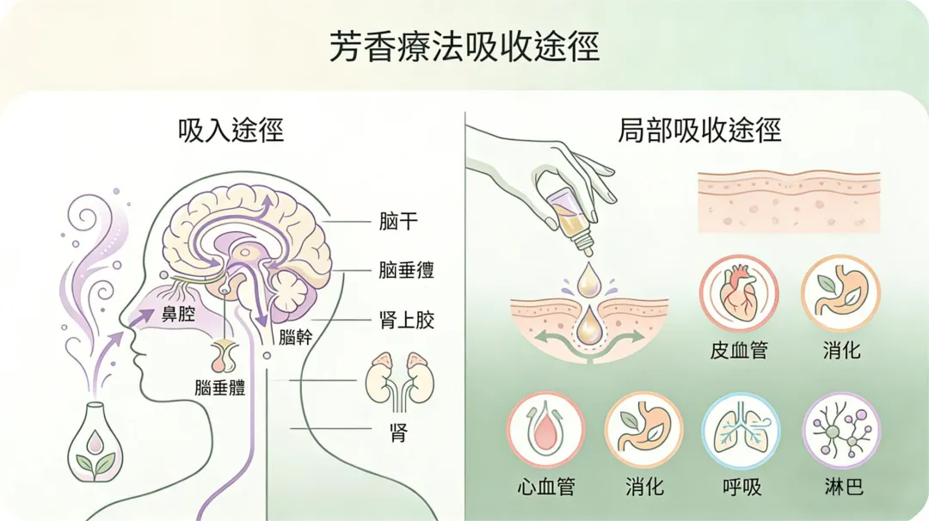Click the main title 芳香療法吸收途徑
pos(464,46)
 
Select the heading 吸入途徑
pos(230,131)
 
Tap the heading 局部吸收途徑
pos(698,131)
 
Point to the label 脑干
pos(398,221)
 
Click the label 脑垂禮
pos(406,270)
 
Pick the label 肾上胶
pos(406,321)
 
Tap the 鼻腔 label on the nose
pos(177,315)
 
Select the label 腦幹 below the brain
pos(295,337)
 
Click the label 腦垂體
pos(220,387)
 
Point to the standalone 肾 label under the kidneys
pos(397,432)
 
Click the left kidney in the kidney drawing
pos(378,379)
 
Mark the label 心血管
pos(545,487)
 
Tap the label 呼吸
pos(741,487)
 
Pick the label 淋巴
pos(840,487)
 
